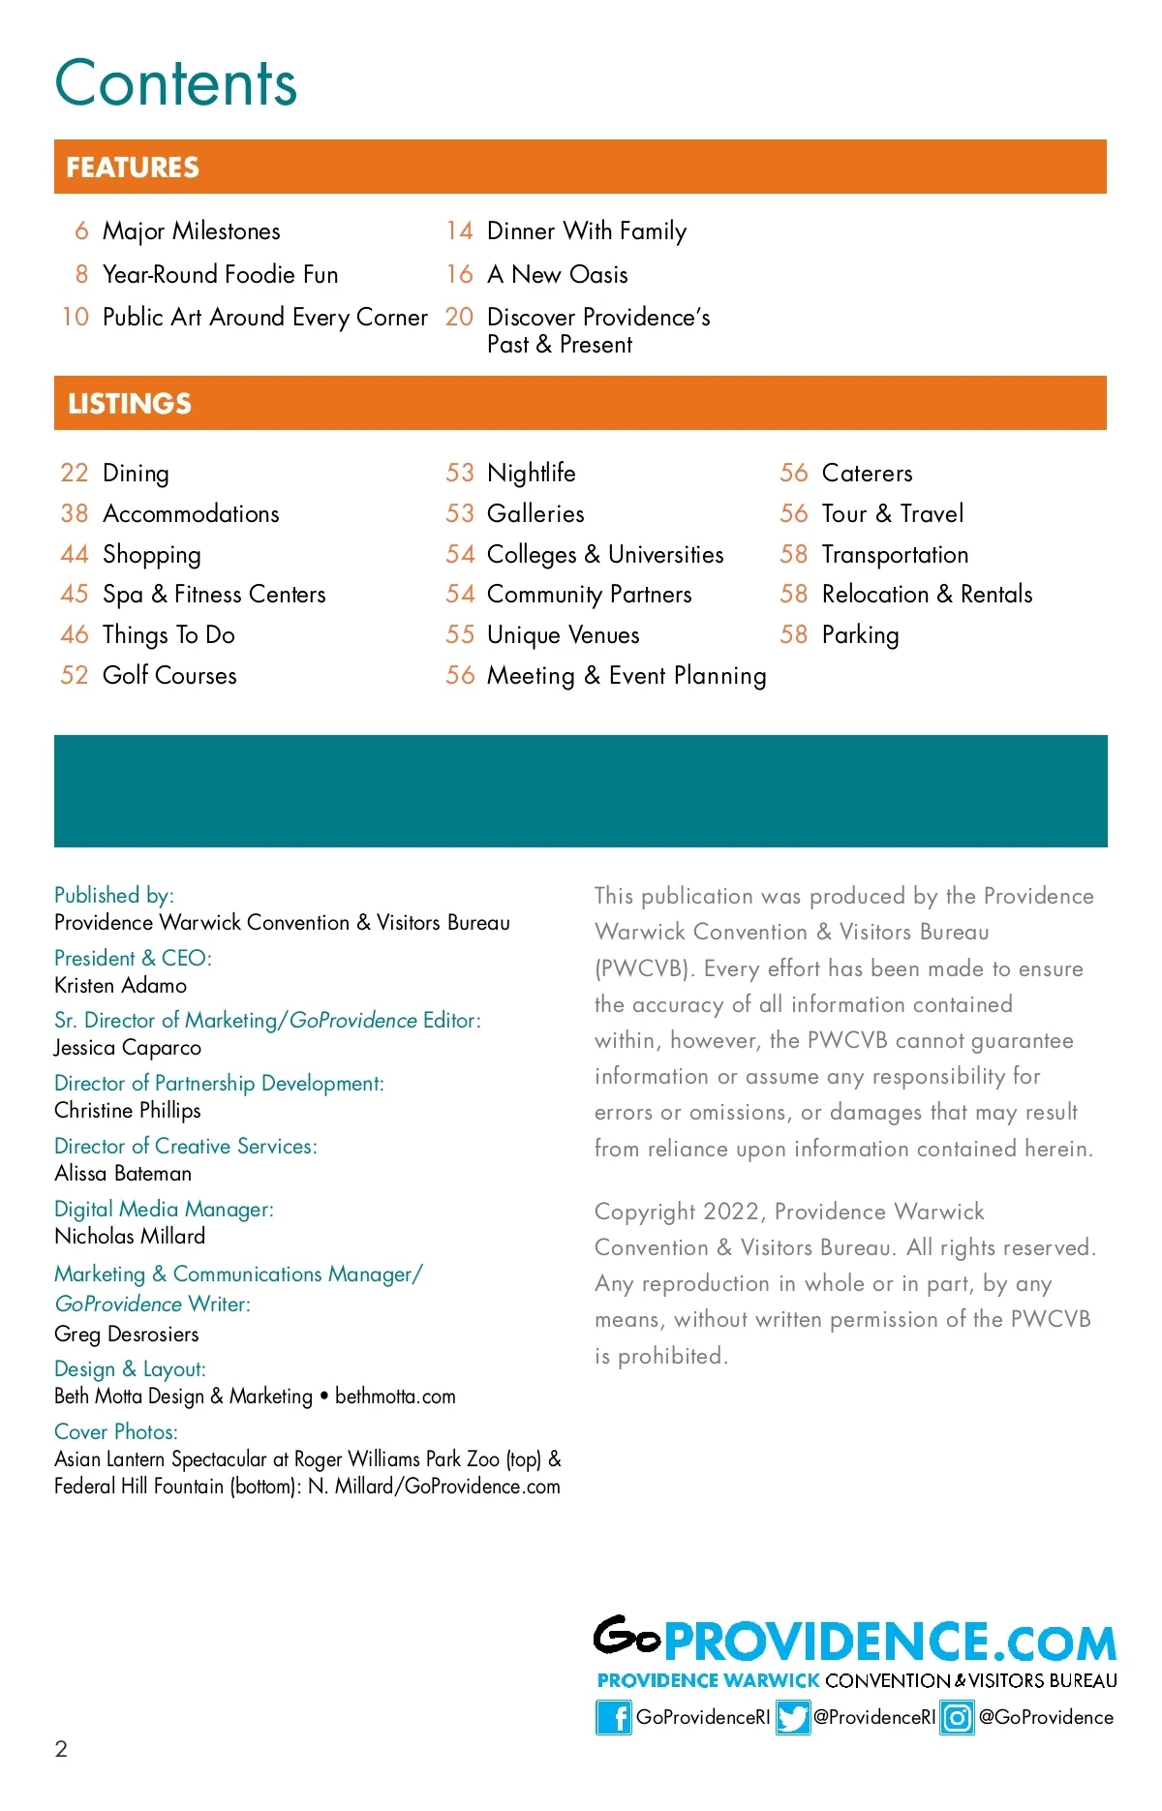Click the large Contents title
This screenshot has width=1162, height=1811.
(x=175, y=83)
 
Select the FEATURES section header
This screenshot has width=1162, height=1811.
(x=133, y=168)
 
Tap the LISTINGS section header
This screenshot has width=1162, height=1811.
(x=130, y=404)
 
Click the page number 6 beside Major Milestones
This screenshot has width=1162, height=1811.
(x=81, y=231)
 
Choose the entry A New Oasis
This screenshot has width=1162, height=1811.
(x=557, y=275)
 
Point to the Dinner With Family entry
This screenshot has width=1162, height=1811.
(x=586, y=231)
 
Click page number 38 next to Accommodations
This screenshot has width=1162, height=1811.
(x=75, y=513)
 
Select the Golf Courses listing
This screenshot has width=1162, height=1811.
(x=169, y=675)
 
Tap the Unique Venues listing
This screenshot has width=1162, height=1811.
(x=563, y=635)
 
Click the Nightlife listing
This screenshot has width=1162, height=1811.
(x=531, y=473)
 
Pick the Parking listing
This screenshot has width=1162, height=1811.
(x=860, y=635)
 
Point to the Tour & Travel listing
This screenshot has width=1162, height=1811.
(x=892, y=513)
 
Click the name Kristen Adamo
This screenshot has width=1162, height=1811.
(x=121, y=986)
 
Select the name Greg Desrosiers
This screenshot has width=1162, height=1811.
(x=127, y=1335)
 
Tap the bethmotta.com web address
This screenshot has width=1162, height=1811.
(x=395, y=1397)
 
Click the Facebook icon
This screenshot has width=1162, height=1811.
(x=613, y=1718)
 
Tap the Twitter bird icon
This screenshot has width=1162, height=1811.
(x=793, y=1718)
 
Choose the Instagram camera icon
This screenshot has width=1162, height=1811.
(x=957, y=1718)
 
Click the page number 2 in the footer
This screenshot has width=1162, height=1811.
(x=61, y=1749)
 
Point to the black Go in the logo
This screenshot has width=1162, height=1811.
(x=627, y=1637)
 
